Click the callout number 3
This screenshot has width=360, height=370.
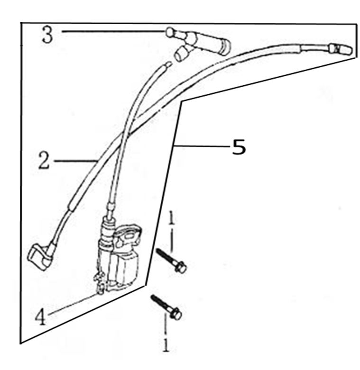pyautogui.click(x=47, y=35)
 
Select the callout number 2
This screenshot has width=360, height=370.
pyautogui.click(x=44, y=161)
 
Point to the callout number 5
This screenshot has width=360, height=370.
pyautogui.click(x=239, y=147)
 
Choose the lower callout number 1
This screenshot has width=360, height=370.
pyautogui.click(x=166, y=345)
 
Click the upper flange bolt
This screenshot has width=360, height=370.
pyautogui.click(x=171, y=261)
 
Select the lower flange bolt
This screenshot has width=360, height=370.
pyautogui.click(x=166, y=307)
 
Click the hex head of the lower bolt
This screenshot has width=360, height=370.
pyautogui.click(x=176, y=314)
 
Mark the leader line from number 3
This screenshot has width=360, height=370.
pyautogui.click(x=113, y=31)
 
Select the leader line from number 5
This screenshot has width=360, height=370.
pyautogui.click(x=202, y=146)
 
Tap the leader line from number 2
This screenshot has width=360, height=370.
pyautogui.click(x=75, y=161)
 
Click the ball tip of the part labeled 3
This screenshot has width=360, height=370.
pyautogui.click(x=170, y=32)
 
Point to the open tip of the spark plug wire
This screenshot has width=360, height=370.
pyautogui.click(x=168, y=64)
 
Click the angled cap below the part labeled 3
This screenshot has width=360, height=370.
pyautogui.click(x=181, y=54)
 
